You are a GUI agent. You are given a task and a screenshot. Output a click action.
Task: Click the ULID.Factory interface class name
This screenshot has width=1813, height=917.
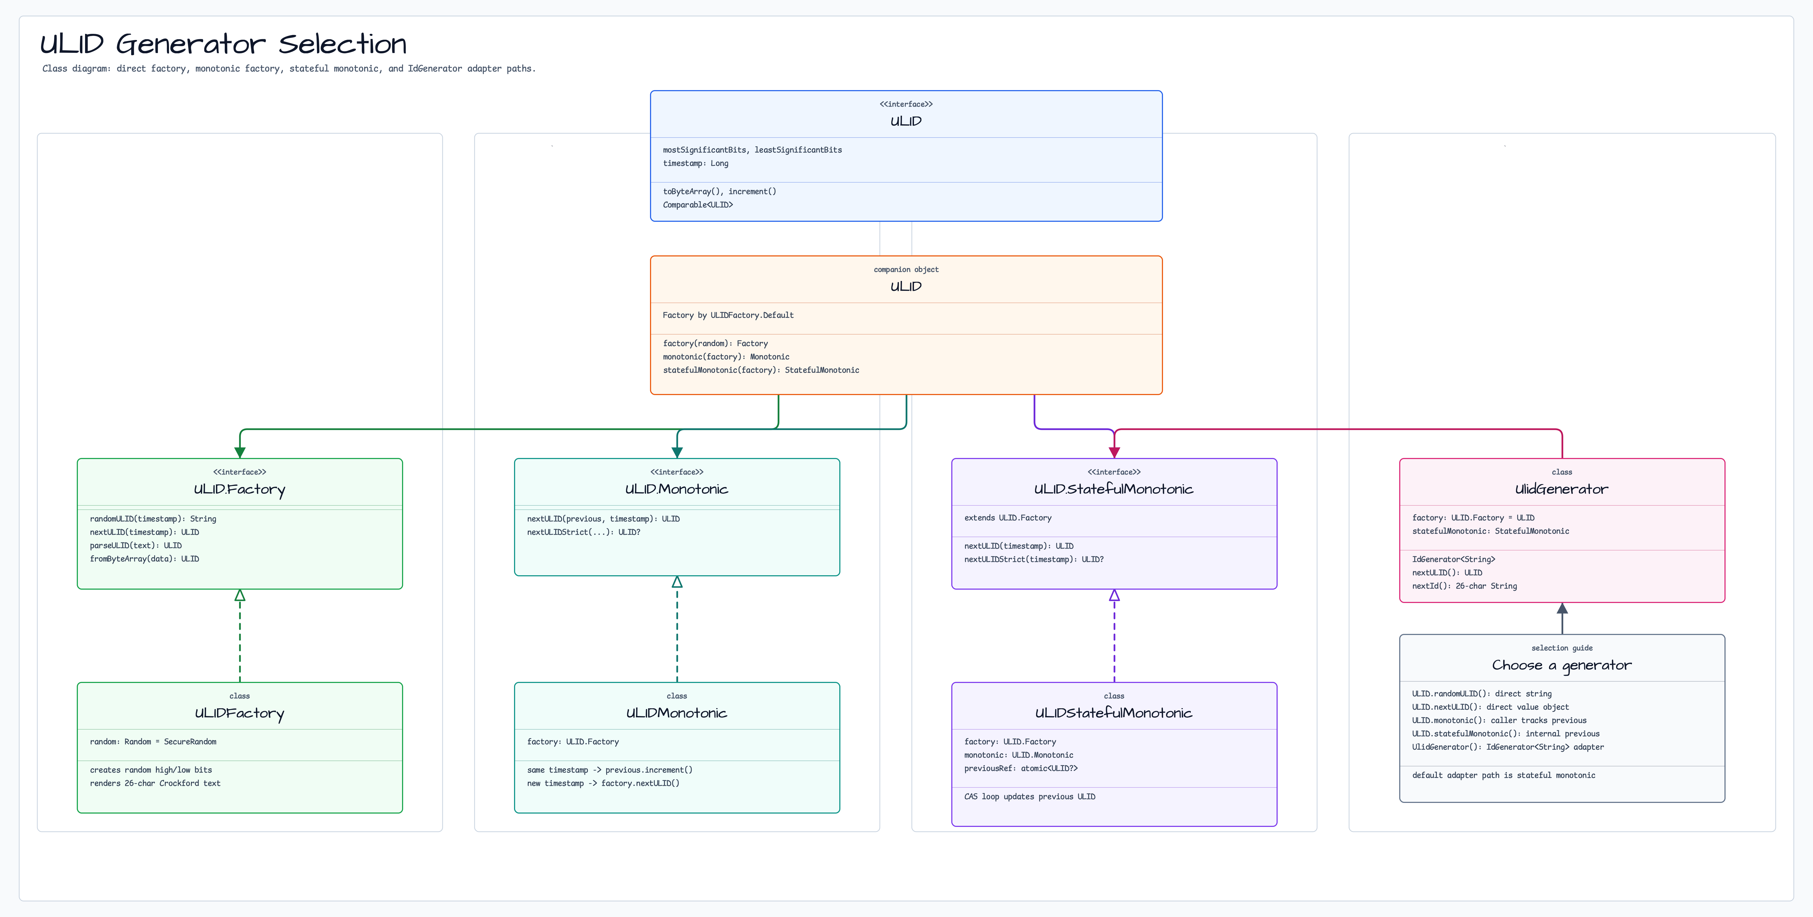pos(239,489)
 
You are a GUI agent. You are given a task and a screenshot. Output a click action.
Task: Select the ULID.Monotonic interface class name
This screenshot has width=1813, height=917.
pos(676,489)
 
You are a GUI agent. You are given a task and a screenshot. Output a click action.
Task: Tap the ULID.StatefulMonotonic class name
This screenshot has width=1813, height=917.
pos(1113,489)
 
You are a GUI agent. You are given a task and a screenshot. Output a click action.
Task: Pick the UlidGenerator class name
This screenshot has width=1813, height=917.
pos(1562,489)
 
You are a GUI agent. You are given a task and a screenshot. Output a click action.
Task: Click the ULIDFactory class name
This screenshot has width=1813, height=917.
pos(239,713)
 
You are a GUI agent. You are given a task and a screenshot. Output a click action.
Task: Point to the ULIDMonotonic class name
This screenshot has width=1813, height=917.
pos(676,713)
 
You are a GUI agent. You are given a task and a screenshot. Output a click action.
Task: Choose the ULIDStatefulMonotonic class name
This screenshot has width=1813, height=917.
pos(1113,713)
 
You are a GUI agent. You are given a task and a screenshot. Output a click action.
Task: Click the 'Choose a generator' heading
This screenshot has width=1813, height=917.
pos(1562,665)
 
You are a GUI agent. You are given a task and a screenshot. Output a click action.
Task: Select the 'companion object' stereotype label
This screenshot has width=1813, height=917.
pos(906,270)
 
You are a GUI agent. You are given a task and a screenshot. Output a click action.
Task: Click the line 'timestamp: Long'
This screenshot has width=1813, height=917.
pos(695,163)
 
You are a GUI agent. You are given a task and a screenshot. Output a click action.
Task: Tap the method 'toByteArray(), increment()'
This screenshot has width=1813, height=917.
pos(719,191)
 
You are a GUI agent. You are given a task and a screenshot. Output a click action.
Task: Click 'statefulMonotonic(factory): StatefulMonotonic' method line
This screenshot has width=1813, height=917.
pos(761,370)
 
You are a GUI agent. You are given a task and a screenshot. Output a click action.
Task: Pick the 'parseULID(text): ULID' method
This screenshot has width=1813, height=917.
pos(136,545)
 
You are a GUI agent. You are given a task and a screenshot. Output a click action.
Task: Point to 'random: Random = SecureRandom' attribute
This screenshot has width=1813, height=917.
pos(153,742)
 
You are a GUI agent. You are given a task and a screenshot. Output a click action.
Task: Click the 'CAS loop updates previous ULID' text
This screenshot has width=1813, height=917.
pos(1030,797)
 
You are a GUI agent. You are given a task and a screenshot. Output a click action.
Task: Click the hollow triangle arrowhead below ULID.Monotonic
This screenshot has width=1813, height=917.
pos(677,582)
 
